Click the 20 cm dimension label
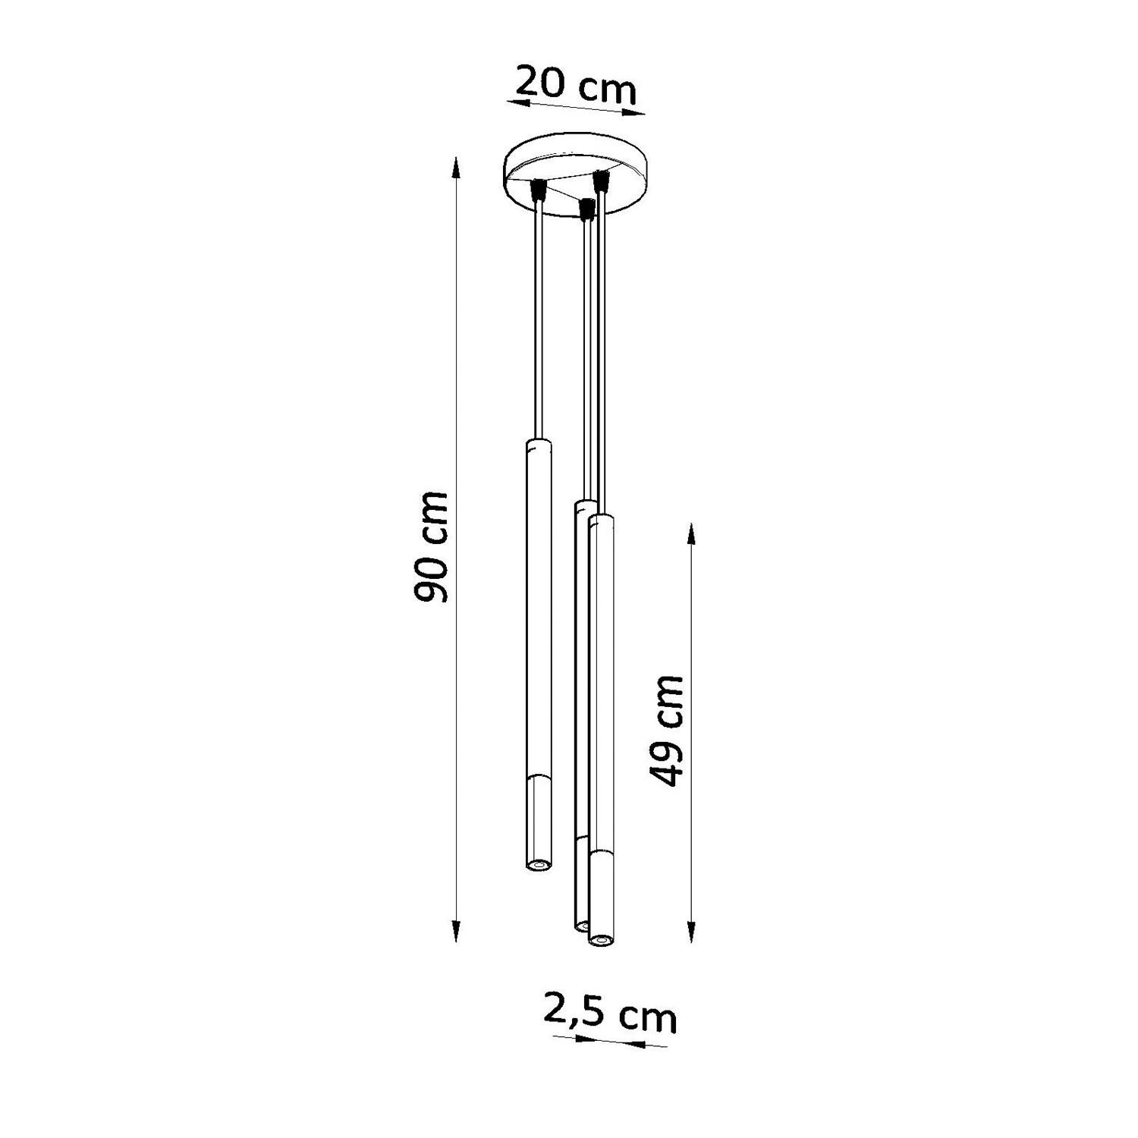point(574,85)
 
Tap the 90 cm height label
point(430,547)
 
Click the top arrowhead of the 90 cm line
point(455,168)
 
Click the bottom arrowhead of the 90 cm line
point(455,931)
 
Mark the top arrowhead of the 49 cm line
point(691,535)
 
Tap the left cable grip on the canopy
point(539,189)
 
